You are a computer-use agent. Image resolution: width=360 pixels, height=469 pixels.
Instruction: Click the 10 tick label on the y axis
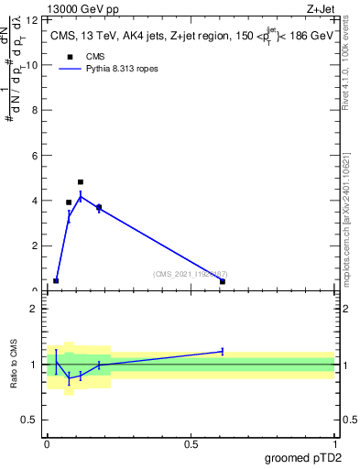pos(33,65)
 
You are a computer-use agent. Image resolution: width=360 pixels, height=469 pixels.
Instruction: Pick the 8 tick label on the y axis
pos(36,110)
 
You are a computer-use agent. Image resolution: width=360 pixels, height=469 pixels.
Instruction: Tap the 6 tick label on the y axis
pos(36,156)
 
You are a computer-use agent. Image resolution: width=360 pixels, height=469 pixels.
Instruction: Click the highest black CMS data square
pos(81,182)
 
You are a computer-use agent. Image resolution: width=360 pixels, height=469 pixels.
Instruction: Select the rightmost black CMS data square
pos(223,281)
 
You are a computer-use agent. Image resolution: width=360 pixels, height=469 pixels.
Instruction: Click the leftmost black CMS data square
pos(56,280)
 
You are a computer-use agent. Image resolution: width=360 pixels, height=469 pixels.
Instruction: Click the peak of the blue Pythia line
pos(81,196)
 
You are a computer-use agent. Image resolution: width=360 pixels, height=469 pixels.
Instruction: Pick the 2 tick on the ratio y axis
pos(36,309)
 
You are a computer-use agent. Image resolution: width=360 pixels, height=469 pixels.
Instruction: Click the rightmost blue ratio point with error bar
pos(223,351)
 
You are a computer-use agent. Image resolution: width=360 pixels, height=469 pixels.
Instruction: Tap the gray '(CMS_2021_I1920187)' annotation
pos(191,274)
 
